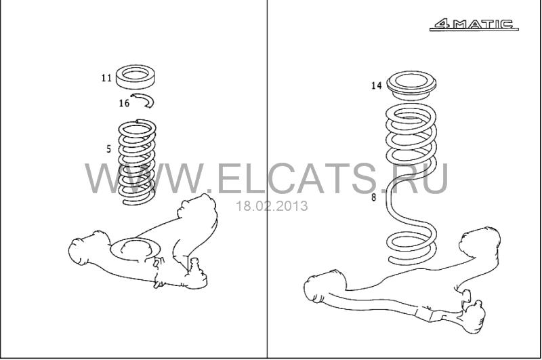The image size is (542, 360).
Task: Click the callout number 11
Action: pos(106,78)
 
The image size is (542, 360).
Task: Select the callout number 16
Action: pos(124,103)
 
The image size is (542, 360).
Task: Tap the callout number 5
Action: pos(109,149)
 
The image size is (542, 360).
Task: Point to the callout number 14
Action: pos(377,85)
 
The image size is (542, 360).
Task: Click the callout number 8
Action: pos(374,197)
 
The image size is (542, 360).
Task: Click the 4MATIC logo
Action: pos(474,24)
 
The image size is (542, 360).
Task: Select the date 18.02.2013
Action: pos(272,206)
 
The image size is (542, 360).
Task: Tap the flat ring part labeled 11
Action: pos(135,77)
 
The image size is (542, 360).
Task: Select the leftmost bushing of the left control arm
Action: pos(80,251)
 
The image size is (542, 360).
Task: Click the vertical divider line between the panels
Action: pos(267,179)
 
